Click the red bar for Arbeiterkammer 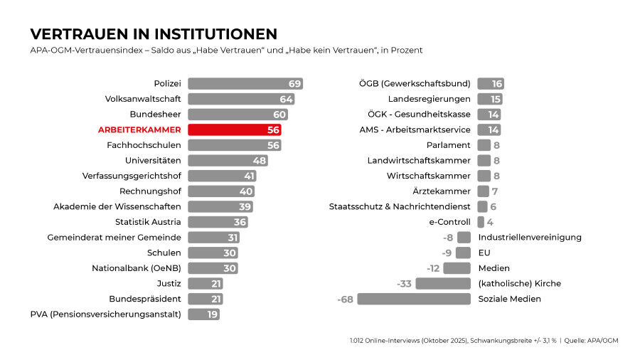[234, 129]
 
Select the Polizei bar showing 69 [245, 83]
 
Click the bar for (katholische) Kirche [443, 283]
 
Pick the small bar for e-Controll [481, 222]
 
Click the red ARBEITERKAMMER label [139, 129]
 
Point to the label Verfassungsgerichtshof [132, 176]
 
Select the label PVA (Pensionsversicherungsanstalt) [105, 314]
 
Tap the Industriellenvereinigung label [530, 237]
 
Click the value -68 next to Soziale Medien [345, 299]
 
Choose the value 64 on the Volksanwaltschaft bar [286, 99]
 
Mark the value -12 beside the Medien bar [432, 268]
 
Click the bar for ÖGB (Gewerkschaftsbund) [491, 83]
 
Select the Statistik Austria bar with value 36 [218, 222]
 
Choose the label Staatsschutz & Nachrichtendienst [400, 206]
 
